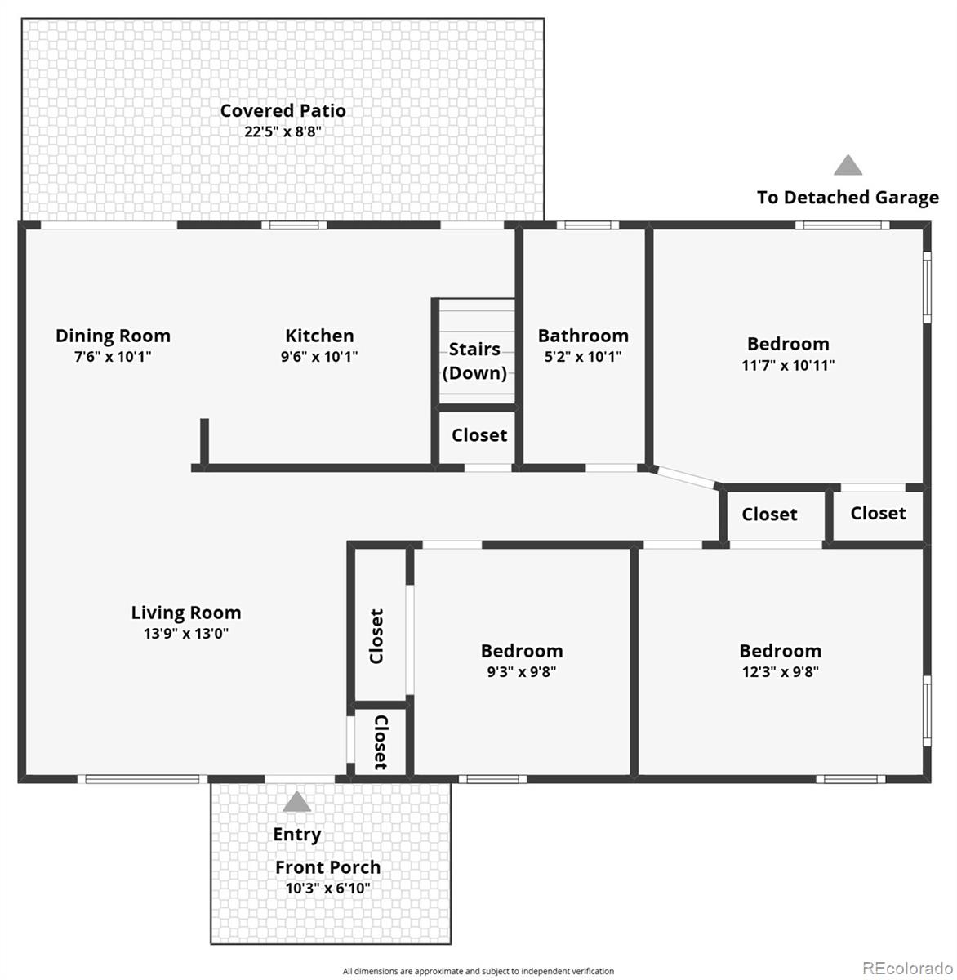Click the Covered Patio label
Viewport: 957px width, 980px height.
[x=283, y=110]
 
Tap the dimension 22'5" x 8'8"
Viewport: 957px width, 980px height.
[x=283, y=131]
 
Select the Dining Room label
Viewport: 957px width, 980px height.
[x=113, y=336]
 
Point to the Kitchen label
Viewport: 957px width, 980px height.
[x=319, y=336]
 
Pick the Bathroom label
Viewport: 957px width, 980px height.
[x=583, y=336]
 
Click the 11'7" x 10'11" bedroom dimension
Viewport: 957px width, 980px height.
[x=788, y=365]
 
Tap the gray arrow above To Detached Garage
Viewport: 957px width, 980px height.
[x=848, y=166]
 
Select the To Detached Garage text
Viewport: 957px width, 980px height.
[x=848, y=198]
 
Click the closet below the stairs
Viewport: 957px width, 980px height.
[x=479, y=435]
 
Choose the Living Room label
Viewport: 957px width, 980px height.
[x=186, y=612]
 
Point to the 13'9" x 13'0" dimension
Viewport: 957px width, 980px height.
[x=186, y=634]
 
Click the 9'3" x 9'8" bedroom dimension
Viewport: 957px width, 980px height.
[x=522, y=672]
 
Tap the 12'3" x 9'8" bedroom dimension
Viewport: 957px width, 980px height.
[x=780, y=672]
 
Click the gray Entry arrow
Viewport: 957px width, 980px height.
[x=296, y=802]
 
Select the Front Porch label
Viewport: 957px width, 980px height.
[x=327, y=867]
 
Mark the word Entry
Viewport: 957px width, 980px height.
[x=296, y=835]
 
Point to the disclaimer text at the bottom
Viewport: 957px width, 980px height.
[x=478, y=971]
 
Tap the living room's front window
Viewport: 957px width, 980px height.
[x=142, y=779]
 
